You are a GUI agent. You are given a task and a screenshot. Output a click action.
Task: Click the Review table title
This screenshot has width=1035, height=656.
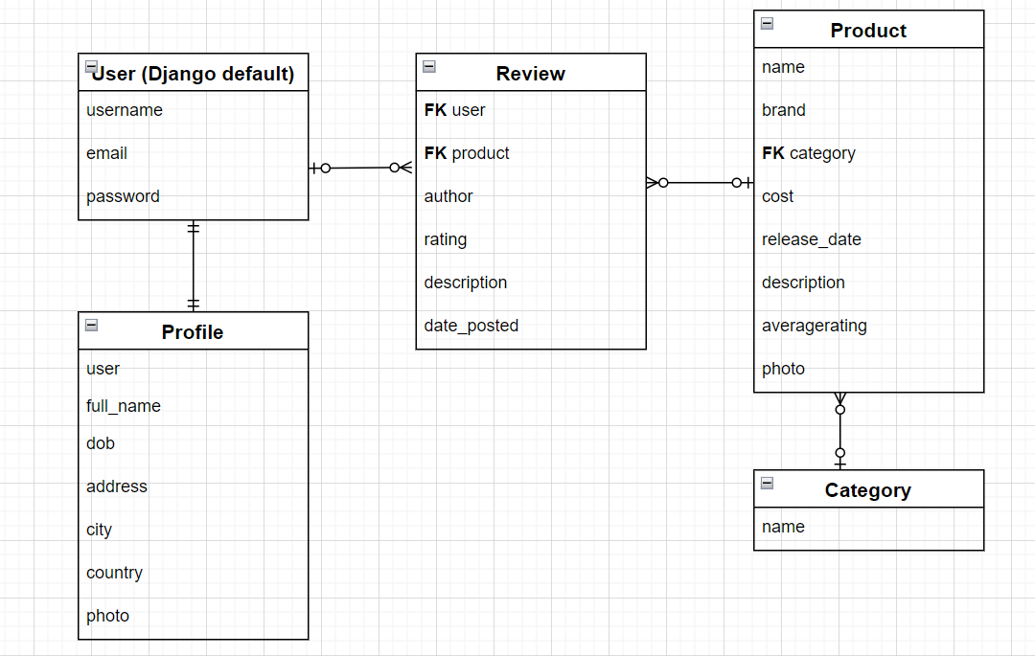pyautogui.click(x=530, y=74)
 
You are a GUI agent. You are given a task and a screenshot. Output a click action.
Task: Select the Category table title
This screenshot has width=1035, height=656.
pyautogui.click(x=867, y=490)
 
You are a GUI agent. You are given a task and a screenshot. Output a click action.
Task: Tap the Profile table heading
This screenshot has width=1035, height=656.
pyautogui.click(x=193, y=332)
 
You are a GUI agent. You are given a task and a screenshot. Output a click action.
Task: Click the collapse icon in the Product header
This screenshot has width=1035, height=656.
pyautogui.click(x=768, y=24)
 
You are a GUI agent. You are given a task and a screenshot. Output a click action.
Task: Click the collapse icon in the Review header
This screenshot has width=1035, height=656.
pyautogui.click(x=429, y=66)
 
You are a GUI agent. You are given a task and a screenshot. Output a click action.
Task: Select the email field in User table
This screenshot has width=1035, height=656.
pyautogui.click(x=106, y=153)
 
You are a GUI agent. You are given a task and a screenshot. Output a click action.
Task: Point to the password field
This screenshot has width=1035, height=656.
pyautogui.click(x=123, y=196)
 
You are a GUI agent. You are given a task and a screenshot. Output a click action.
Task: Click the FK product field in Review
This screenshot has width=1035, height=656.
pyautogui.click(x=467, y=153)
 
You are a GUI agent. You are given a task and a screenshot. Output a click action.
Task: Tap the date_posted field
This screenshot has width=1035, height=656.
pyautogui.click(x=471, y=326)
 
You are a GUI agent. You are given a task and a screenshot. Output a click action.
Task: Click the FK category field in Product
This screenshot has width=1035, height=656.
pyautogui.click(x=808, y=153)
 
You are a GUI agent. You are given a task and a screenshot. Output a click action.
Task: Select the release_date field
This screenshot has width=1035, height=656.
pyautogui.click(x=811, y=239)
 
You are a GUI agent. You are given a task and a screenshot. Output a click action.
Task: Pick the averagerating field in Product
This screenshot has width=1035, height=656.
pyautogui.click(x=814, y=326)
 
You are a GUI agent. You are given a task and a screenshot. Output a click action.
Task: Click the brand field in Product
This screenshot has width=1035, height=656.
pyautogui.click(x=783, y=110)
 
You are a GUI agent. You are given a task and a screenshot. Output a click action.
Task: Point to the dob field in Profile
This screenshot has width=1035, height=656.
pyautogui.click(x=101, y=443)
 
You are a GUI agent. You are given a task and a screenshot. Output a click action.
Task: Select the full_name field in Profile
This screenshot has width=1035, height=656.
pyautogui.click(x=124, y=406)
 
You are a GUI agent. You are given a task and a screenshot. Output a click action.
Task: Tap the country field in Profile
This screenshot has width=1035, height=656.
pyautogui.click(x=114, y=573)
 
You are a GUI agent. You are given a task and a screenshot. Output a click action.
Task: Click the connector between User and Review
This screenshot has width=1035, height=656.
pyautogui.click(x=359, y=168)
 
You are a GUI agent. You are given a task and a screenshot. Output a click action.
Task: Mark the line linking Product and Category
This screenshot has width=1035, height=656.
pyautogui.click(x=840, y=431)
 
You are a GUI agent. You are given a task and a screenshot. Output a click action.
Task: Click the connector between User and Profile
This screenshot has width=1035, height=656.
pyautogui.click(x=194, y=266)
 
